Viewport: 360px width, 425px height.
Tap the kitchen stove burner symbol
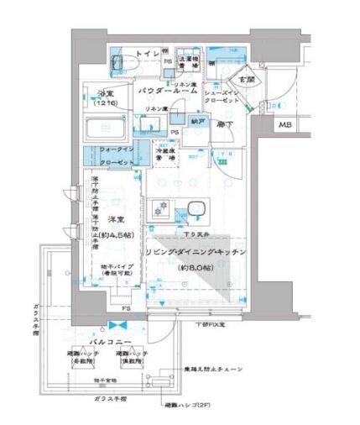coord(163,209)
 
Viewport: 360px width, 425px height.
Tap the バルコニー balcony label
coord(110,343)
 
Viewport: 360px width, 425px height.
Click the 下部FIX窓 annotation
coord(211,324)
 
